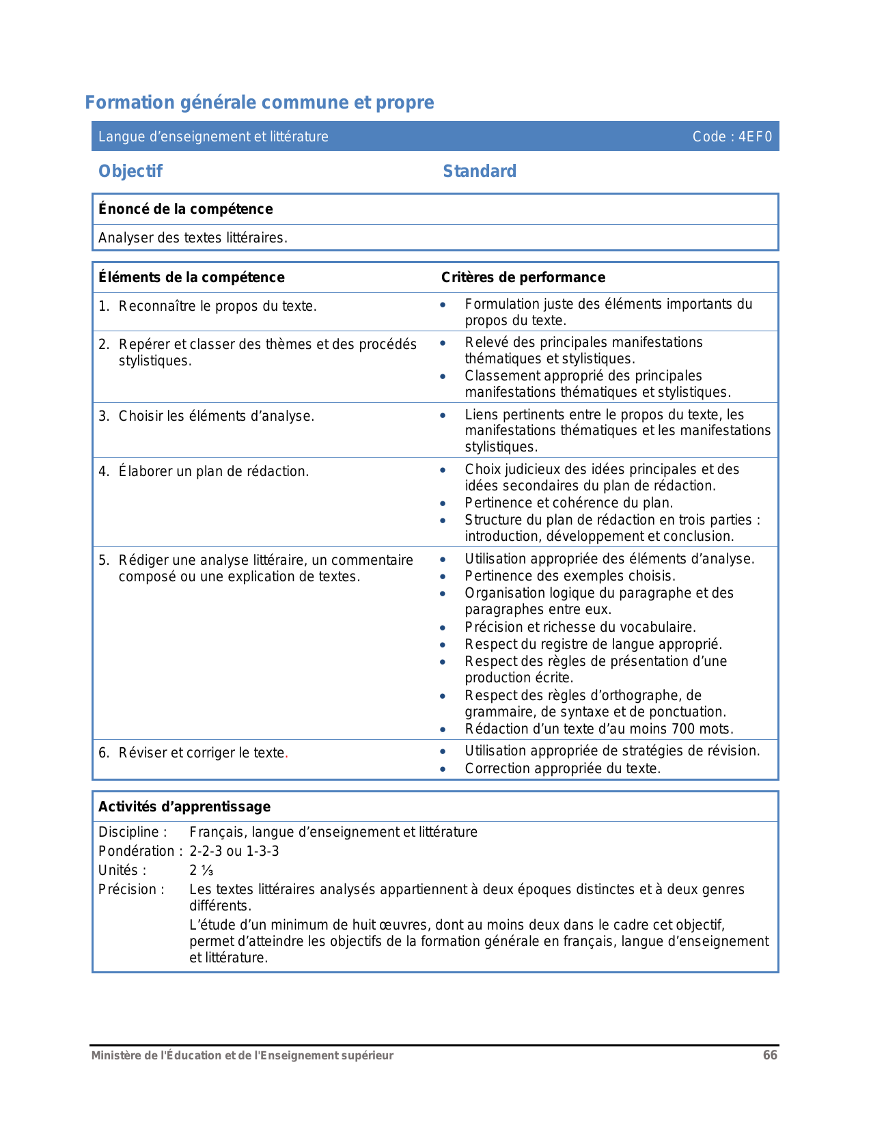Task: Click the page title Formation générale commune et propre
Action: coord(260,102)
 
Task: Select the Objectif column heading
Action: coord(130,171)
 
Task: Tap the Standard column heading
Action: coord(480,171)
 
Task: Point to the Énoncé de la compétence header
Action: coord(186,209)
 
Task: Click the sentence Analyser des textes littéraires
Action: coord(193,238)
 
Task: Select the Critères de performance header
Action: coord(523,277)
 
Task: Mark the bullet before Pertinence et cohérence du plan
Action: coord(443,503)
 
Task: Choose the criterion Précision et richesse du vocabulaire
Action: coord(580,627)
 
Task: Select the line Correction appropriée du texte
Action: coord(563,768)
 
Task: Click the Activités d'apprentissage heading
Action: coord(184,807)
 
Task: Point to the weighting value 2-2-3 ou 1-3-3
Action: coord(234,851)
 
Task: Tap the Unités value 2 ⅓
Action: coord(202,870)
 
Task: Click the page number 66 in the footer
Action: coord(770,1055)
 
